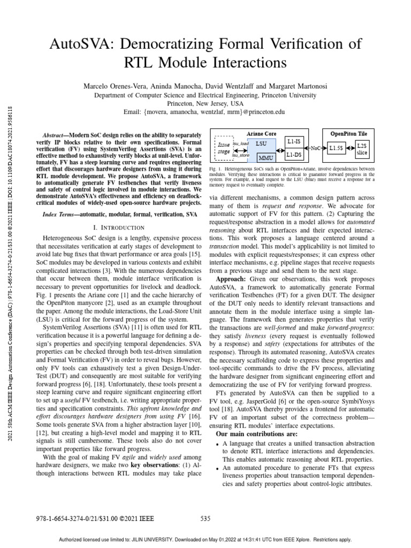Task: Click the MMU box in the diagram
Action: pyautogui.click(x=265, y=158)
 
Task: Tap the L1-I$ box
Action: pyautogui.click(x=293, y=142)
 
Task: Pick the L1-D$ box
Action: pyautogui.click(x=293, y=155)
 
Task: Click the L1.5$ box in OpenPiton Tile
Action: pyautogui.click(x=337, y=148)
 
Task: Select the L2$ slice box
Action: pyautogui.click(x=362, y=148)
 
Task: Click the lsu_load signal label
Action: pyautogui.click(x=240, y=143)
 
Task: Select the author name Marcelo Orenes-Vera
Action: pyautogui.click(x=114, y=86)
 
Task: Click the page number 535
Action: pyautogui.click(x=205, y=518)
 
